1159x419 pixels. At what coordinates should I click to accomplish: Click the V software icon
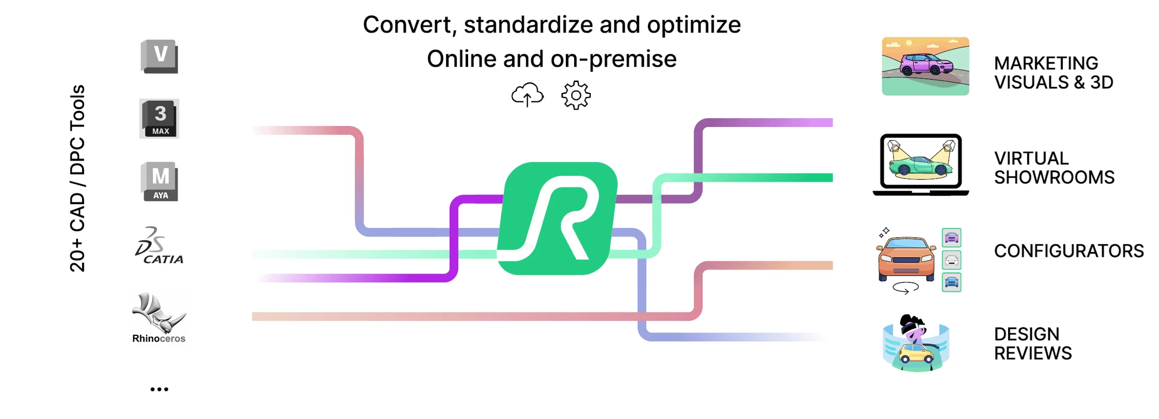click(159, 56)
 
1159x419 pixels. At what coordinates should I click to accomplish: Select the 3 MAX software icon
click(159, 118)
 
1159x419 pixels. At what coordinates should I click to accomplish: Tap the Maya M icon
click(159, 181)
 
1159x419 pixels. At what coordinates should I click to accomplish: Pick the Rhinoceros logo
click(159, 318)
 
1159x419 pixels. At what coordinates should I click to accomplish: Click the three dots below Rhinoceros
click(159, 389)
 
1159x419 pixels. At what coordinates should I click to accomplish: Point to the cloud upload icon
click(527, 96)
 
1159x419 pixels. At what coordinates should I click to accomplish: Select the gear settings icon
click(576, 96)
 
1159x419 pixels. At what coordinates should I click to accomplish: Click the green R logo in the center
click(558, 218)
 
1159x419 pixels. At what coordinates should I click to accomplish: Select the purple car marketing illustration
click(925, 66)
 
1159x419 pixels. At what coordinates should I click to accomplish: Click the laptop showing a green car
click(921, 164)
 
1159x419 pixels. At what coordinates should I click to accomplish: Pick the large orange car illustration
click(906, 258)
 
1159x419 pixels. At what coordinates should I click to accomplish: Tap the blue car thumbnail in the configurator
click(951, 282)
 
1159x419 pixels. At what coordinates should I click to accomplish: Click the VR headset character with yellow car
click(916, 343)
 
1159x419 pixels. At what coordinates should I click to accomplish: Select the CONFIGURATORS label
click(1068, 251)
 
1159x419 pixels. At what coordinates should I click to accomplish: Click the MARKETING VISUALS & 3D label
click(1053, 73)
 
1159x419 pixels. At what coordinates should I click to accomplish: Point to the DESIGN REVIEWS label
click(1032, 344)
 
